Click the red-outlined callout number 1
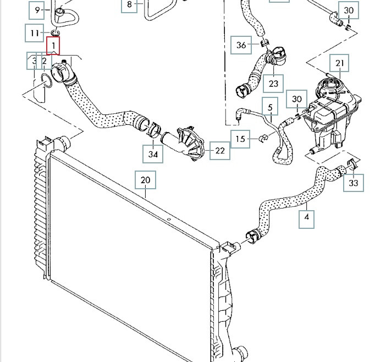tap(53, 45)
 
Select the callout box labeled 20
tap(145, 180)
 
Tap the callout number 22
tap(220, 150)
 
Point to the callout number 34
tap(153, 155)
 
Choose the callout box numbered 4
tap(307, 218)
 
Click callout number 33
tap(353, 183)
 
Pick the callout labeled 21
tap(339, 63)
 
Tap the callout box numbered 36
tap(241, 45)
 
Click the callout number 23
tap(273, 83)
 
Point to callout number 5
tap(270, 104)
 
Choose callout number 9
tap(37, 10)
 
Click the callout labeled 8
tap(130, 5)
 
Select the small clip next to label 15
tap(263, 138)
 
